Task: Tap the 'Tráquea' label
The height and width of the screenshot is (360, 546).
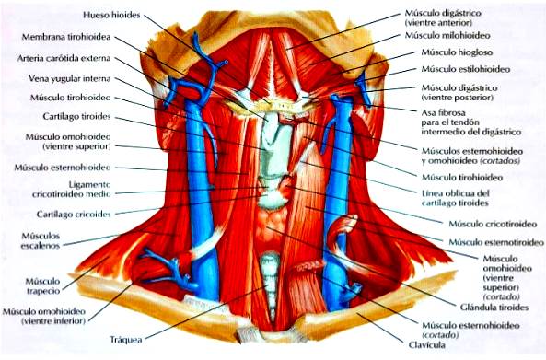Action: [128, 339]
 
